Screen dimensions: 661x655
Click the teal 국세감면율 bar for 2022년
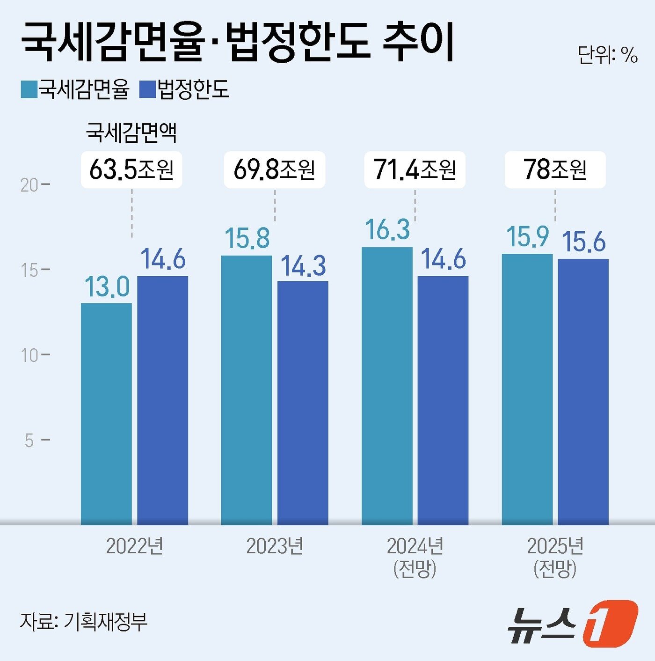(x=106, y=414)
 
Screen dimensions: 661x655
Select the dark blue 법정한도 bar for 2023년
(x=303, y=403)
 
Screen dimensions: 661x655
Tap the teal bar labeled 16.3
(x=387, y=386)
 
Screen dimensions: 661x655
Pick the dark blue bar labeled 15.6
(x=583, y=391)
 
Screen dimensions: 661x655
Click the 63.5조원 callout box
(x=131, y=169)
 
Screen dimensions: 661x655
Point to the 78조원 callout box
(x=555, y=169)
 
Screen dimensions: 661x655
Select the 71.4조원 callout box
(x=415, y=169)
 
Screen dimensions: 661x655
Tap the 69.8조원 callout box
(x=274, y=169)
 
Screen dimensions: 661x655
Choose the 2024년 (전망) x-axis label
(x=415, y=557)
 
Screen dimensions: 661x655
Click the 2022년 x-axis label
(x=135, y=546)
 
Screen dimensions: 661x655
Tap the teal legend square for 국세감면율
(x=29, y=89)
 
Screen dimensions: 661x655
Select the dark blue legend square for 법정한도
(x=148, y=89)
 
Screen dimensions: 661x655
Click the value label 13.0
(x=107, y=286)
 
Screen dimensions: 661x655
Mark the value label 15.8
(x=247, y=238)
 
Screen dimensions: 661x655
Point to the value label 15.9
(x=527, y=236)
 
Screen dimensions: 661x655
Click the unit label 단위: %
(x=607, y=55)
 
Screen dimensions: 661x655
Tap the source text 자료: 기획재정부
(x=84, y=621)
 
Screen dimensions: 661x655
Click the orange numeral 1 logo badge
(x=610, y=623)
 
